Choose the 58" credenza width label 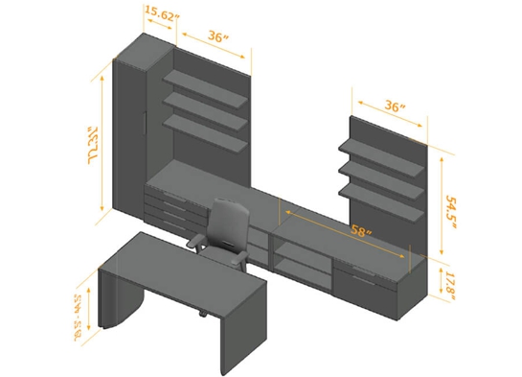[x=362, y=231]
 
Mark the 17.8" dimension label [x=451, y=284]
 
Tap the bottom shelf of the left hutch [x=206, y=130]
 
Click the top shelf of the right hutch [x=382, y=155]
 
